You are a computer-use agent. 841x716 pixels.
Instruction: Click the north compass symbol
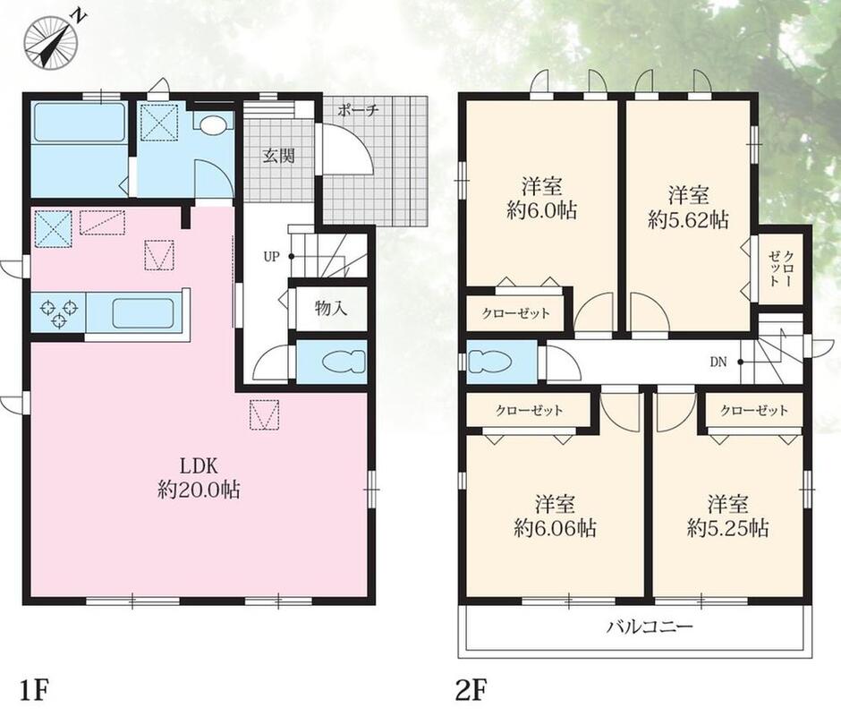tap(52, 41)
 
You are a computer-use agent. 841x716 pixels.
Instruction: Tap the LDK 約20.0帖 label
tap(199, 478)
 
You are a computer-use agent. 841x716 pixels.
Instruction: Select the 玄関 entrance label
tap(278, 157)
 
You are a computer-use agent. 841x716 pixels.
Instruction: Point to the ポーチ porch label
tap(358, 111)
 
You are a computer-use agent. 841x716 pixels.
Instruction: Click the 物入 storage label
tap(331, 308)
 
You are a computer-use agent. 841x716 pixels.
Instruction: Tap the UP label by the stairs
tap(271, 257)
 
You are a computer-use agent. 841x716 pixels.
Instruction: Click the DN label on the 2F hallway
tap(718, 362)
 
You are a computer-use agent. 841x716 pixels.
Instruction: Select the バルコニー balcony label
tap(650, 626)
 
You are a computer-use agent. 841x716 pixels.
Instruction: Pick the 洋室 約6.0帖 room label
tap(541, 199)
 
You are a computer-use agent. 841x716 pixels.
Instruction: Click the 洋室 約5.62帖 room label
tap(689, 208)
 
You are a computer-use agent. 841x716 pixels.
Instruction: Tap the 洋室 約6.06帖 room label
tap(555, 516)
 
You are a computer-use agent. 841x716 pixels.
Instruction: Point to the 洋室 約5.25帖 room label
tap(728, 516)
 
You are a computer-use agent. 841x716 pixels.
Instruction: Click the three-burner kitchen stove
tap(58, 313)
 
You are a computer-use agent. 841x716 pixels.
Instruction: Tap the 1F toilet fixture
tap(344, 362)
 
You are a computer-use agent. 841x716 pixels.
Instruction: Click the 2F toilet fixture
tap(490, 362)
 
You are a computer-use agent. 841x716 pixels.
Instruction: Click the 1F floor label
tap(35, 690)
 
